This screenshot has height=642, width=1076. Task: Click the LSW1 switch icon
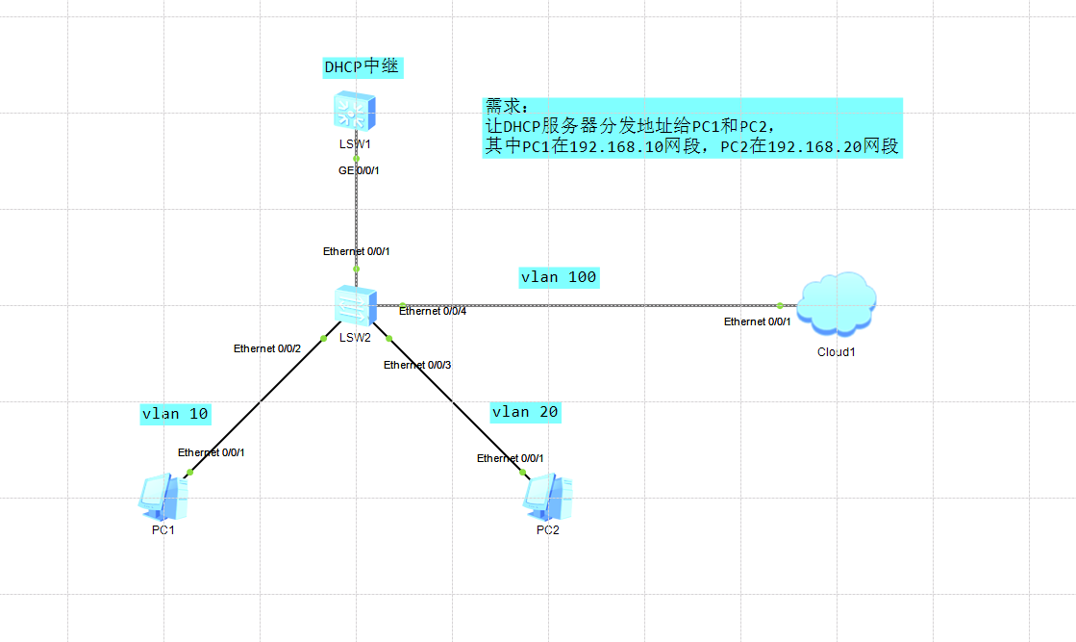pyautogui.click(x=355, y=111)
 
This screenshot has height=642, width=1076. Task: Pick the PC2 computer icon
pyautogui.click(x=547, y=497)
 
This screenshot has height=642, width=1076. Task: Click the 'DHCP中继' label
pyautogui.click(x=362, y=66)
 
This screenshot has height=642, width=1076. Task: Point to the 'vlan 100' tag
pyautogui.click(x=559, y=277)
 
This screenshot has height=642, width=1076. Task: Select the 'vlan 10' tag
pyautogui.click(x=175, y=414)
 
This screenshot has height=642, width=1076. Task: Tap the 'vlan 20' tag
pyautogui.click(x=525, y=412)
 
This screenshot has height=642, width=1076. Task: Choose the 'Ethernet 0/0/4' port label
pyautogui.click(x=433, y=312)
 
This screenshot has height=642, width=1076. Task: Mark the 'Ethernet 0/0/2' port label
pyautogui.click(x=267, y=348)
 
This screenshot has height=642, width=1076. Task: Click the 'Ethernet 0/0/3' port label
pyautogui.click(x=417, y=365)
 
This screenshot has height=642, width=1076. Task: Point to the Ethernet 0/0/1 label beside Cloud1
pyautogui.click(x=758, y=321)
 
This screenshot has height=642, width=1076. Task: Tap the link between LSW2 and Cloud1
pyautogui.click(x=596, y=305)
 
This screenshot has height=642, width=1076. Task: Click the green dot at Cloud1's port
pyautogui.click(x=780, y=305)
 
